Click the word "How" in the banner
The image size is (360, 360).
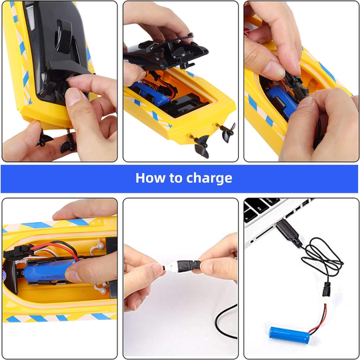pos(150,178)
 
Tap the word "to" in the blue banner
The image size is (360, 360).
pos(175,179)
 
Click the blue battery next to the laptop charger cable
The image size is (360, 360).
pos(289,335)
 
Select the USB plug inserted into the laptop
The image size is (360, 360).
pos(289,233)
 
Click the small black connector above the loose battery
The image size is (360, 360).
pos(327,289)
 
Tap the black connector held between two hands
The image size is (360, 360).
pos(189,266)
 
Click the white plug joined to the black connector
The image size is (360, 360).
pos(171,267)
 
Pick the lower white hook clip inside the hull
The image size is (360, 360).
pos(101,289)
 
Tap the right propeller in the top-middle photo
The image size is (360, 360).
pos(227,132)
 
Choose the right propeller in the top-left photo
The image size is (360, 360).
pos(69,143)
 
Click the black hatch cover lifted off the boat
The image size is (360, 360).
pos(166,53)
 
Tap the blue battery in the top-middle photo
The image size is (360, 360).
pos(151,94)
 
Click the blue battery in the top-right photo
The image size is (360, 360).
pos(281,101)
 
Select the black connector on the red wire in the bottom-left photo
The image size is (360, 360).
pos(18,251)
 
